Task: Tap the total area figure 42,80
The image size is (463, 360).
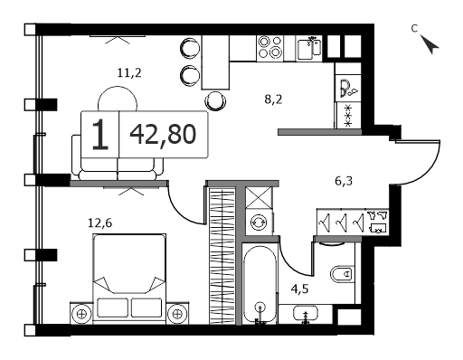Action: [x=163, y=134]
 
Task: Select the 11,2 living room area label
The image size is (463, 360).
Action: [x=129, y=72]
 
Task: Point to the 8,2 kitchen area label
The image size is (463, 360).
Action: [x=273, y=99]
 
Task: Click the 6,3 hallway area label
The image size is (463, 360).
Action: [x=344, y=181]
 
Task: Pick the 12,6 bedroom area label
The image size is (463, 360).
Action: [x=99, y=223]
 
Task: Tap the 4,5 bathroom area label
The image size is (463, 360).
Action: [x=299, y=289]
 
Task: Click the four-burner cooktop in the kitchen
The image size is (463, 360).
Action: [x=270, y=48]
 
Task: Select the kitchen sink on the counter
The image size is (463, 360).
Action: [x=309, y=48]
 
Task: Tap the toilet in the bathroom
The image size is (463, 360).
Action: [x=342, y=274]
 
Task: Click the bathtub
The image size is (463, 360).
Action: [x=260, y=284]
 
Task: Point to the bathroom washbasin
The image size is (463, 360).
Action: [x=306, y=314]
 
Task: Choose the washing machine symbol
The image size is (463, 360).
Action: [x=259, y=223]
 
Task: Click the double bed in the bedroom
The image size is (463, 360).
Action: [x=129, y=279]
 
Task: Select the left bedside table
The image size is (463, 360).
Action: [x=81, y=314]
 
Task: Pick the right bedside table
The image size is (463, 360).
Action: [x=177, y=314]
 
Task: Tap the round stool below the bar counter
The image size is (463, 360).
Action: [x=215, y=100]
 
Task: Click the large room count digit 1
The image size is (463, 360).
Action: [x=100, y=134]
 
